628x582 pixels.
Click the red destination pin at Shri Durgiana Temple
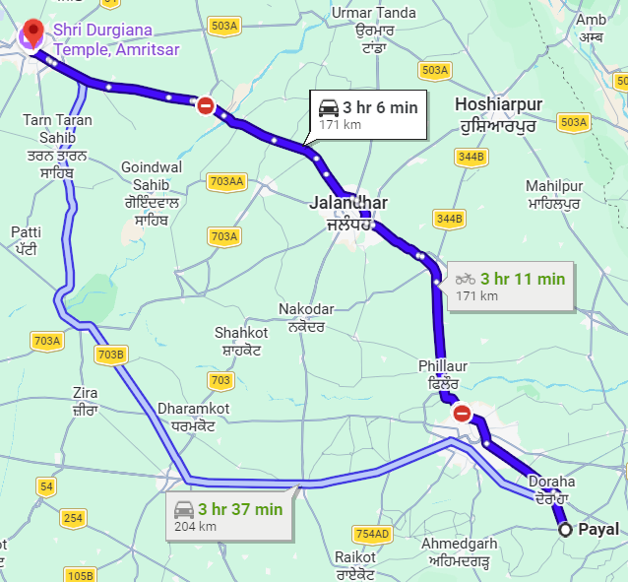(31, 32)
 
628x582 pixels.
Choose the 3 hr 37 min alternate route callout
(228, 516)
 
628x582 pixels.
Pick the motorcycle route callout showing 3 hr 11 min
(511, 286)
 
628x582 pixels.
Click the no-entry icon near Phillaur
(462, 415)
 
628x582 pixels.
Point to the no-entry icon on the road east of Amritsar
(205, 105)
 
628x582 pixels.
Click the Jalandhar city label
(348, 213)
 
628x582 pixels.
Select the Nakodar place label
(306, 318)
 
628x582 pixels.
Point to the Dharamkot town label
(192, 417)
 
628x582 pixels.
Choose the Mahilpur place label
(555, 194)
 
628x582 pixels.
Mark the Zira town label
(86, 401)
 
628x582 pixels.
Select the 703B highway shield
(111, 355)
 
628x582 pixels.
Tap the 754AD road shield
(372, 534)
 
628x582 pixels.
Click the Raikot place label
(354, 564)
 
